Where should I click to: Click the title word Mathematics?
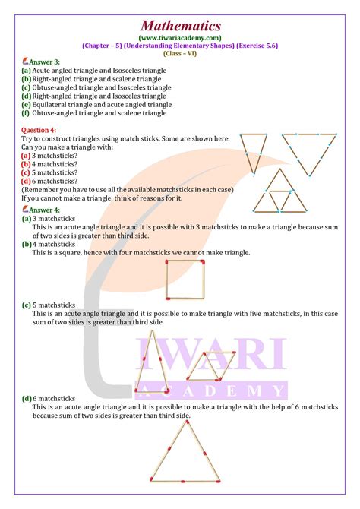[x=180, y=14]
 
